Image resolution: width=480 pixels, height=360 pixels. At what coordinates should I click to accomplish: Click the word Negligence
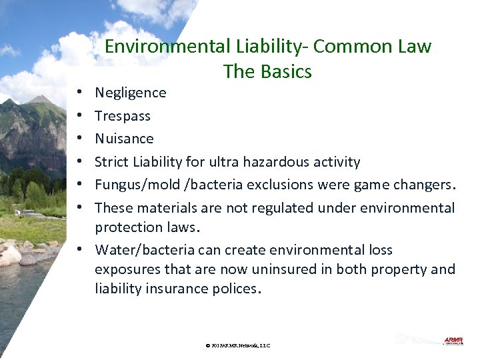131,93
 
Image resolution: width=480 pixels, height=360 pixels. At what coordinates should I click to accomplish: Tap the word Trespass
123,116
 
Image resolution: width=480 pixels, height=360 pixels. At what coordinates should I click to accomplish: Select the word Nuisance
124,139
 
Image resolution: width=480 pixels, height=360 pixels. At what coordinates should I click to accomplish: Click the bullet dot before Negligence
79,93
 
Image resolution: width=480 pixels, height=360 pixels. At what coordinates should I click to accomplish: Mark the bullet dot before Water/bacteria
79,250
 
